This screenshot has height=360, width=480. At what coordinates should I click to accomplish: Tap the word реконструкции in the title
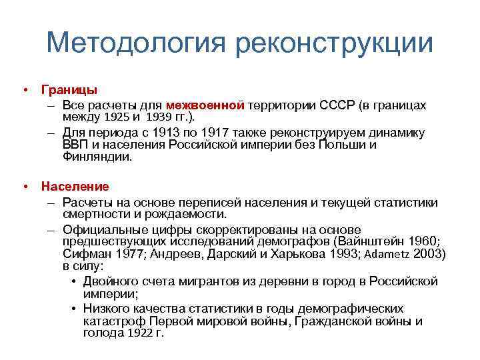(334, 43)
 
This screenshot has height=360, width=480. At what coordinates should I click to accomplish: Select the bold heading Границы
(69, 89)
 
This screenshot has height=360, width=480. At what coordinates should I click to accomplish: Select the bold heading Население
(75, 186)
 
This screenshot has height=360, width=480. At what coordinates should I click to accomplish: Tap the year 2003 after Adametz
(429, 254)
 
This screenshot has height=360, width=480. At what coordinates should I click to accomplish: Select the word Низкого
(110, 308)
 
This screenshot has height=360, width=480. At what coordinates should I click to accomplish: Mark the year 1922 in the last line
(141, 334)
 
